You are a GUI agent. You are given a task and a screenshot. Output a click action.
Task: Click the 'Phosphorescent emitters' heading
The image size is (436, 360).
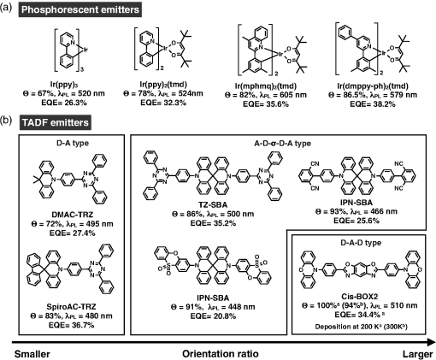(80, 9)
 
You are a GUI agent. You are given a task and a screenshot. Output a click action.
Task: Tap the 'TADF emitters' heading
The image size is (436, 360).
(56, 122)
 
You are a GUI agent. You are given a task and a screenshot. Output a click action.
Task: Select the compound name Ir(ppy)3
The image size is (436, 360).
(65, 85)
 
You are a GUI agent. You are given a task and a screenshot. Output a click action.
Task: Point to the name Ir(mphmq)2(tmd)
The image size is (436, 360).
(265, 86)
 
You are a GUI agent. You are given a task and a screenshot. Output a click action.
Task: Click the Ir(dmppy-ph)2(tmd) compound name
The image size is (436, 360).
(373, 86)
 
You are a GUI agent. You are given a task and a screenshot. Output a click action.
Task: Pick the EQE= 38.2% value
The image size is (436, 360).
(373, 104)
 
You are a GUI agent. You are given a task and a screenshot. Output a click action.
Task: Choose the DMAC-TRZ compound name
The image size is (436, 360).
(73, 215)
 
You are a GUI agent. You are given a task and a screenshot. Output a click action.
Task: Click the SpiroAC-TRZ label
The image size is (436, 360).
(71, 307)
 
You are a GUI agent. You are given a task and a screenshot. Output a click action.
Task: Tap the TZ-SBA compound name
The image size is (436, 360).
(213, 205)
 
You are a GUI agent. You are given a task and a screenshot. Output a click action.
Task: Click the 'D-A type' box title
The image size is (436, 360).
(73, 143)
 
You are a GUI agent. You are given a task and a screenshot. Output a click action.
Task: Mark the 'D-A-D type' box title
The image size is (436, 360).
(361, 243)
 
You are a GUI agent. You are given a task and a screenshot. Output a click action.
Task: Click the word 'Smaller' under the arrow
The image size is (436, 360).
(32, 354)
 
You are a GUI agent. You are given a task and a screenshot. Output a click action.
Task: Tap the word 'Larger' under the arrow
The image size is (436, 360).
(417, 354)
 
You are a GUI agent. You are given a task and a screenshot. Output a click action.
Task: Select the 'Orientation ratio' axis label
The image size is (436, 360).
(221, 354)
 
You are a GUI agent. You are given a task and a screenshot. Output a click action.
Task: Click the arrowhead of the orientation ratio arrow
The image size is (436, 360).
(431, 341)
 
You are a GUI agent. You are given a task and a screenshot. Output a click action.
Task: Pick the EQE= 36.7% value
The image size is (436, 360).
(71, 325)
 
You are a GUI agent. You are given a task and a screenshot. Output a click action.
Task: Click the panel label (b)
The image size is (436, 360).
(6, 121)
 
